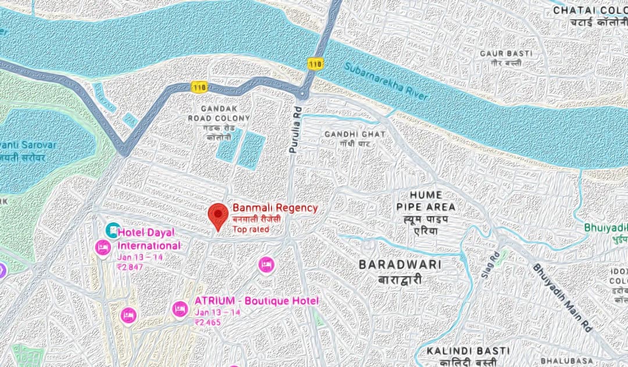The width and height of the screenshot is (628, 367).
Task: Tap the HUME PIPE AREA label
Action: [426, 201]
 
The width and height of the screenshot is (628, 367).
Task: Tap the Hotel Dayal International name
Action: [149, 239]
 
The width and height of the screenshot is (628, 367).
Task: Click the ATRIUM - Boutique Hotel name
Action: [256, 301]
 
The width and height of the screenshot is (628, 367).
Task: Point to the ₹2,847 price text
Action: [130, 267]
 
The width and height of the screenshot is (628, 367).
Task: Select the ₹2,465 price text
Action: [208, 322]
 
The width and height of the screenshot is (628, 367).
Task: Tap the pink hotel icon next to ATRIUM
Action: [180, 309]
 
